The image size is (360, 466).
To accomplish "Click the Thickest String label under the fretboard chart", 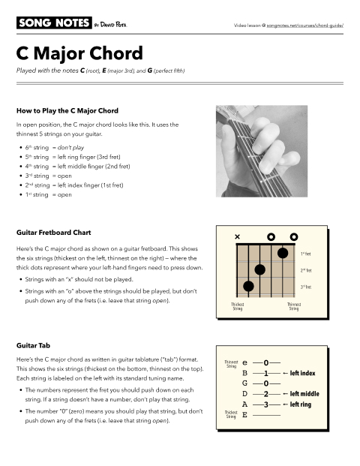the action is (x=237, y=306).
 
